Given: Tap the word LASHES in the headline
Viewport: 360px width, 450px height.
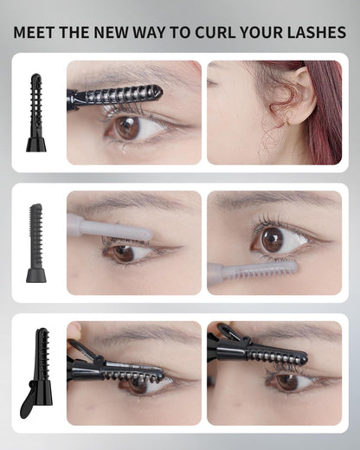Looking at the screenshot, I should point(317,33).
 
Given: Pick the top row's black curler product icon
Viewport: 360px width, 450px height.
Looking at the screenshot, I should point(35,112).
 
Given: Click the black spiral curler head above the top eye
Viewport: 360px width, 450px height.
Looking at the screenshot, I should point(121,94).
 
